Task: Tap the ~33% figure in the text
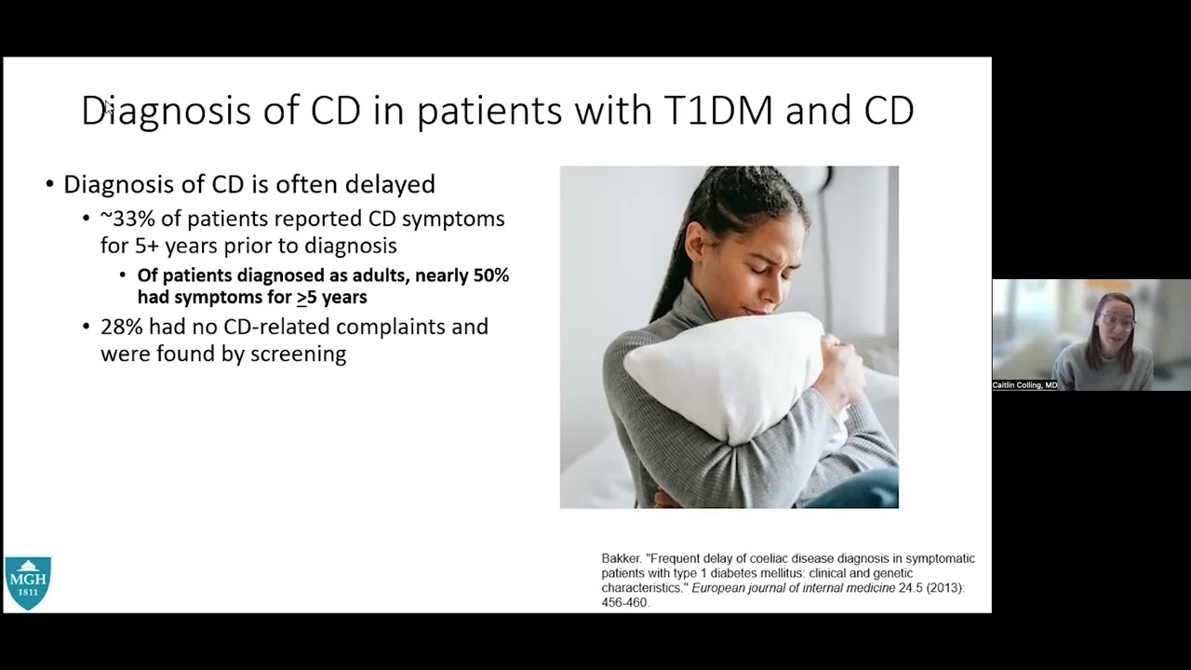click(127, 219)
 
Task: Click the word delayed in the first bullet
click(390, 184)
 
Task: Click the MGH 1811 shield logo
click(28, 583)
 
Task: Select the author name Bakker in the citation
click(621, 558)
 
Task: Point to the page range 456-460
click(624, 602)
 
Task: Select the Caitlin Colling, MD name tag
click(1024, 385)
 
